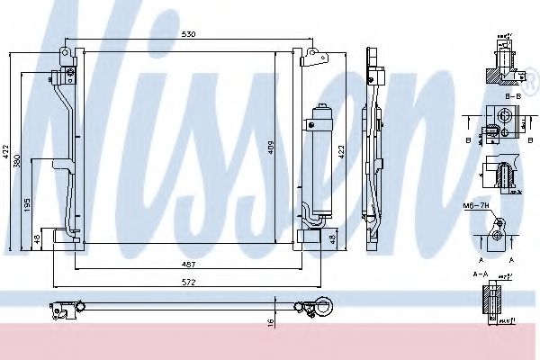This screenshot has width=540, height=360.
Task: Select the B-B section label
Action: [514, 95]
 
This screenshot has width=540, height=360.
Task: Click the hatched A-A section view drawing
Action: [494, 301]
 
